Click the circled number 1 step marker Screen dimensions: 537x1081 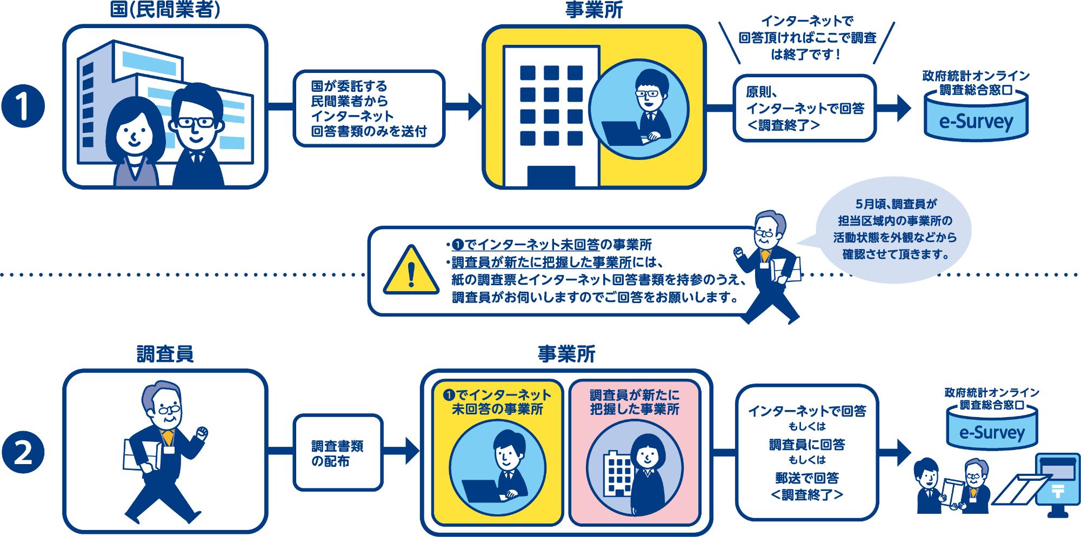click(23, 108)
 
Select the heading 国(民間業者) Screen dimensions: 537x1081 click(165, 11)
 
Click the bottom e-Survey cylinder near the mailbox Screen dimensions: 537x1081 click(992, 429)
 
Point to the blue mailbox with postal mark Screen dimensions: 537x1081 click(1054, 484)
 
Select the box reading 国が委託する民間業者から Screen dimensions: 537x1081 click(369, 108)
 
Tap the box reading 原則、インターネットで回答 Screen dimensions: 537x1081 click(804, 108)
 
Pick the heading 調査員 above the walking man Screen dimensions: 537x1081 click(165, 354)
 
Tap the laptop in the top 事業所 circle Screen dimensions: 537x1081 click(622, 133)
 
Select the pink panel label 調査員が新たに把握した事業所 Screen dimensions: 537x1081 click(635, 402)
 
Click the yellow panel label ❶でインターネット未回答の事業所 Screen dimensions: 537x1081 click(497, 402)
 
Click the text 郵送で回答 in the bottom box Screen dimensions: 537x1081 click(806, 478)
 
